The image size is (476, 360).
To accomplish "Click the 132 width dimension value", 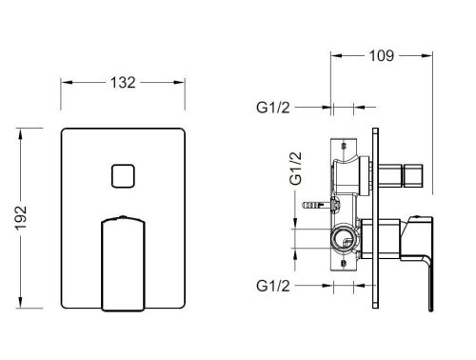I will coord(122,83).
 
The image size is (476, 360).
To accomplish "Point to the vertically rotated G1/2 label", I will coord(296,168).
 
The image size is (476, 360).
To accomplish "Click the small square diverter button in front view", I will coord(124,176).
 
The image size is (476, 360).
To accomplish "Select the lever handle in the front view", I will coord(122,262).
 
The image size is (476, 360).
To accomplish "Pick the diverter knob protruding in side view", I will coord(410,176).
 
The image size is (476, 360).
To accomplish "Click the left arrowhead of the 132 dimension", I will coord(66,83).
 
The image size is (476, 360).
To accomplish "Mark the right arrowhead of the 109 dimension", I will coord(436,54).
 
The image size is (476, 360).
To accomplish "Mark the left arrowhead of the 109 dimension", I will coord(334,54).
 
